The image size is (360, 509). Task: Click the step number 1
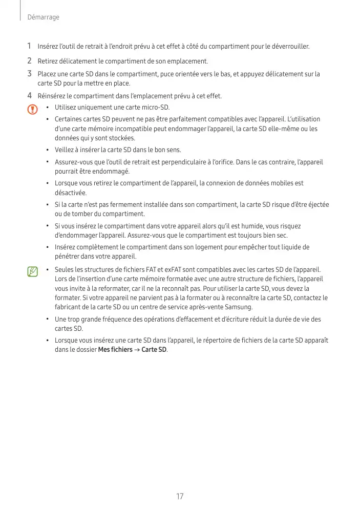29,47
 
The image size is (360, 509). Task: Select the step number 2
29,61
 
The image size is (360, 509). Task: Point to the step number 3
29,74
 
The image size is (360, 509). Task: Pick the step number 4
29,96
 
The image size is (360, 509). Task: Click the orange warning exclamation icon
33,110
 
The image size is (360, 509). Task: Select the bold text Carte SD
154,350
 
